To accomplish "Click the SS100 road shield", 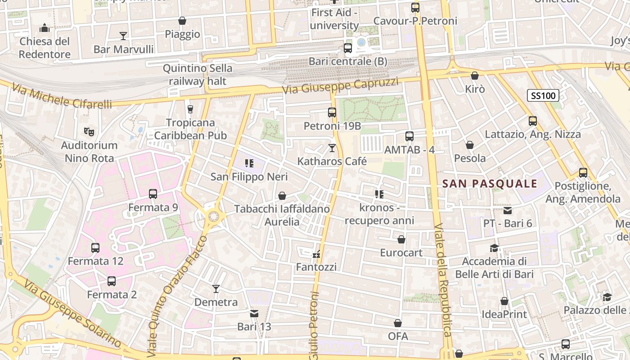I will [x=543, y=95].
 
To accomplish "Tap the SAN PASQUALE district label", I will [x=490, y=184].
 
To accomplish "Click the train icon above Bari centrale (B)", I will [x=347, y=48].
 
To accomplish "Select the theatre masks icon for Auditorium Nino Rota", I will [x=89, y=132].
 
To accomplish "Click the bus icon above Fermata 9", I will [x=153, y=194].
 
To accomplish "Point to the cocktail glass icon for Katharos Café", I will [x=332, y=148].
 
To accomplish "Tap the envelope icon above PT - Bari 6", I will [x=508, y=210].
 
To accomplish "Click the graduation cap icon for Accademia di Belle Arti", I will [x=494, y=248].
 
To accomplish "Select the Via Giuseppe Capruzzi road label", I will [x=341, y=86].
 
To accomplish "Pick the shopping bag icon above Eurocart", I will [x=401, y=239].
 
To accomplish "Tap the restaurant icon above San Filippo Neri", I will [x=249, y=163].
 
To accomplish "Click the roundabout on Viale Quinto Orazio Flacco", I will [x=213, y=217].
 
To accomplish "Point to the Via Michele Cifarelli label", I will [x=62, y=96].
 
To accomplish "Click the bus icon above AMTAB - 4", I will [x=409, y=136].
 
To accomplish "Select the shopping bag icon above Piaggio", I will [x=182, y=21].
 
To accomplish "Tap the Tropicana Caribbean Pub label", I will [x=190, y=129].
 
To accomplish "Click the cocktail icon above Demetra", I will [x=216, y=288].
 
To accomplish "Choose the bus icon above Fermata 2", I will [x=112, y=281].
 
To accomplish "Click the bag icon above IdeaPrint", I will [x=504, y=301].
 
